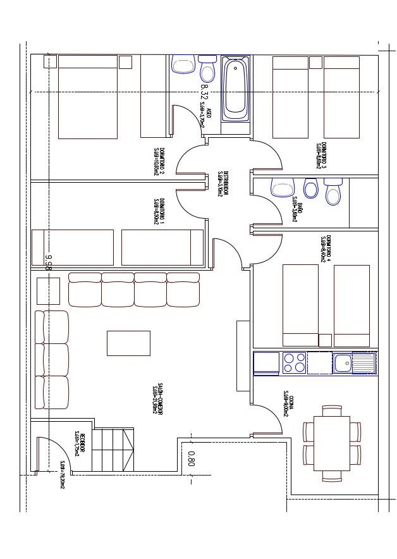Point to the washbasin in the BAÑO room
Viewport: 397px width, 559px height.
pos(282,187)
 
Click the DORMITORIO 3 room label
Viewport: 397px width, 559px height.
pos(321,154)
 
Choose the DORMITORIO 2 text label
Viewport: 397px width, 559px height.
pos(159,161)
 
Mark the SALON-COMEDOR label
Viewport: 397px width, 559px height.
pos(157,398)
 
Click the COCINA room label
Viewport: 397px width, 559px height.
pos(288,405)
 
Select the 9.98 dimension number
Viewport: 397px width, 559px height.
pos(48,262)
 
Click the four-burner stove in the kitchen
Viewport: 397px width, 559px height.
pos(294,363)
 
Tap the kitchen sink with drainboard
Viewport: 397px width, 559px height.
pos(354,363)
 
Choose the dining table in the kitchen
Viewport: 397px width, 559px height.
pos(332,443)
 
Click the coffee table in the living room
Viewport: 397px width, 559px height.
pos(128,343)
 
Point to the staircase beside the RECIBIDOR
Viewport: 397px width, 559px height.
pos(113,449)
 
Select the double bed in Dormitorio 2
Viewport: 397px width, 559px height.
pos(88,97)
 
